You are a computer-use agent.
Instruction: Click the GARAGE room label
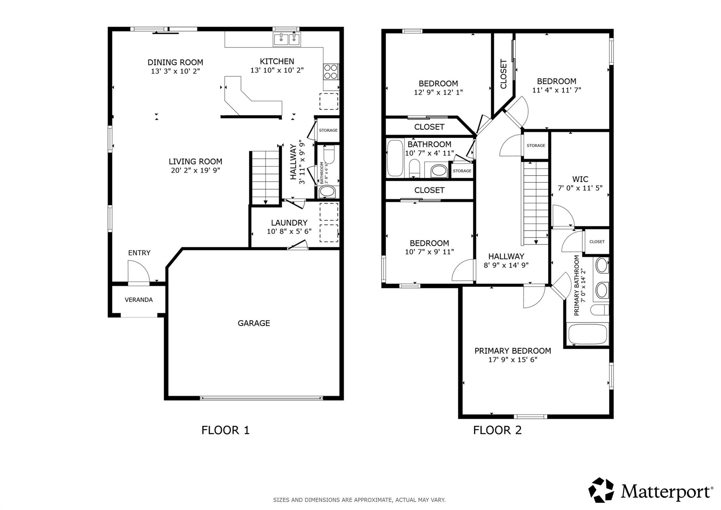coord(253,323)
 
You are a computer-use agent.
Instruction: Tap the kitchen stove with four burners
coord(331,71)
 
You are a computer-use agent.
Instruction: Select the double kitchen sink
coord(287,39)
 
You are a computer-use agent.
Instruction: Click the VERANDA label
coord(139,300)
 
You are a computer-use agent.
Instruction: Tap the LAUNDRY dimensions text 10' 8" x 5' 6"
coord(289,231)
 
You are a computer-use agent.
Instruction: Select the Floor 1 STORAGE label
coord(328,130)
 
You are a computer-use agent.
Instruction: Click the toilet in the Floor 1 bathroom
coord(329,155)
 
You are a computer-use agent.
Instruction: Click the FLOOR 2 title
coord(497,430)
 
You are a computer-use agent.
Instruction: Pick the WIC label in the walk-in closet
coord(580,179)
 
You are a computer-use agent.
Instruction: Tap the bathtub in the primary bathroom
coord(588,334)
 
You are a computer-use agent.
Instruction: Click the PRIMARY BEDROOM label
coord(513,351)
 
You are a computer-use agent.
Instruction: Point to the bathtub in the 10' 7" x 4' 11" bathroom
coord(395,158)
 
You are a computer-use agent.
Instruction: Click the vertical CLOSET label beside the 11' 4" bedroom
coord(503,74)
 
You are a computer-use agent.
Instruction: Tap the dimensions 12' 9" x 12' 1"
coord(438,92)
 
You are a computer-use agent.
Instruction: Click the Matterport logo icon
coord(601,490)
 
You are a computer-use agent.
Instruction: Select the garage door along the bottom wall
coord(261,398)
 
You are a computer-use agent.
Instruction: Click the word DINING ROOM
coord(175,62)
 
